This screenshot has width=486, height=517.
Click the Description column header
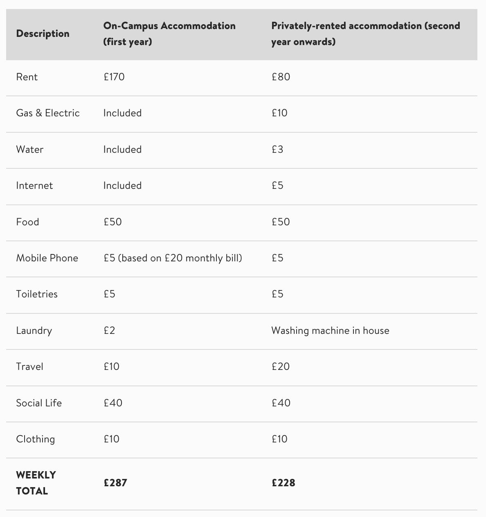(43, 34)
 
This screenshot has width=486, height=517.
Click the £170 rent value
(114, 77)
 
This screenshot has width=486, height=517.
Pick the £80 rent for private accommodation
(281, 77)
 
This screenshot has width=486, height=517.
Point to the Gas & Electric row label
(48, 113)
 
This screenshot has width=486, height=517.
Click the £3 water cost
(277, 150)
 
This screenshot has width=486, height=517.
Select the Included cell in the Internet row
(122, 186)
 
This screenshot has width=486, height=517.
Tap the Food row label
(27, 222)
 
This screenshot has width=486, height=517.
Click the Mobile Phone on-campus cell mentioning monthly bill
(173, 258)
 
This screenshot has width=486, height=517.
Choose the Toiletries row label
(37, 294)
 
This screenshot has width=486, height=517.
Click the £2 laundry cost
(109, 331)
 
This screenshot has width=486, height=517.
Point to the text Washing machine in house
(330, 331)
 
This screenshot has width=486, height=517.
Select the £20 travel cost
(281, 367)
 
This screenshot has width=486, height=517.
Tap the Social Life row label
(39, 403)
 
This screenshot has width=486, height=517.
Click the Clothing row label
(35, 439)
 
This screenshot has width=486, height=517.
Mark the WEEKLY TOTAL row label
(36, 483)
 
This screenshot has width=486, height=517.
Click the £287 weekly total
(115, 483)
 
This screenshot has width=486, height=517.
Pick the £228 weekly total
(283, 483)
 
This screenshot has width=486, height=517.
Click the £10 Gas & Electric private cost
(279, 113)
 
